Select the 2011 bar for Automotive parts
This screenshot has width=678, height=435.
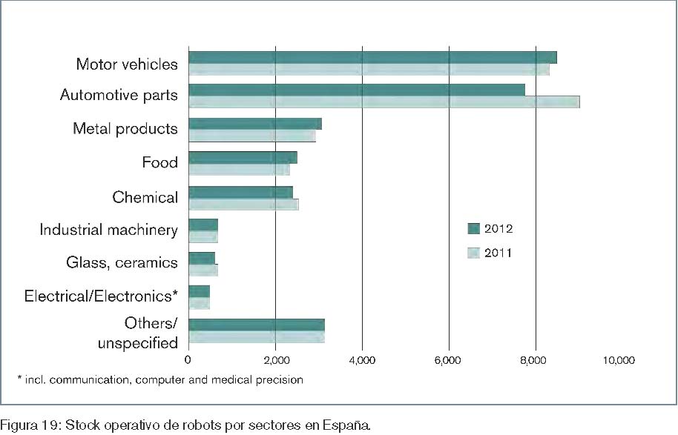coord(384,102)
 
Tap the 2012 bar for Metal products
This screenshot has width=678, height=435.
coord(255,124)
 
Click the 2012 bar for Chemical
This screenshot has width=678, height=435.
coord(240,192)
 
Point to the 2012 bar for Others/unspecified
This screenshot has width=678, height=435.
coord(257,324)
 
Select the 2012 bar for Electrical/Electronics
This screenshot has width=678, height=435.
coord(200,291)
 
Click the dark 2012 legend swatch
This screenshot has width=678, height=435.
coord(473,228)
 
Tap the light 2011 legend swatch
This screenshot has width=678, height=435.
coord(473,253)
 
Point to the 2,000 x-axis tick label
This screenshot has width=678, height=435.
coord(275,361)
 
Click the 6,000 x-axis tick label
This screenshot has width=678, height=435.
coord(449,361)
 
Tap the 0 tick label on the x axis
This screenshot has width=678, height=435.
coord(188,361)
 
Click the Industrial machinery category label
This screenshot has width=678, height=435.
coord(108,230)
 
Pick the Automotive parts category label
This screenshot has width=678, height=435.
coord(119,96)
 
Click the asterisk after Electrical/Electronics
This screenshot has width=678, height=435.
coord(175,293)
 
